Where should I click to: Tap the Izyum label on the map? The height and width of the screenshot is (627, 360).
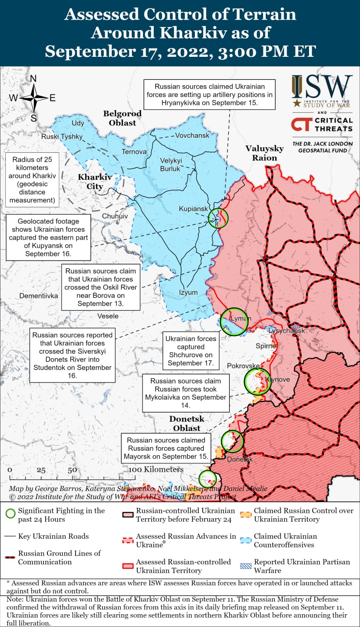coord(188,292)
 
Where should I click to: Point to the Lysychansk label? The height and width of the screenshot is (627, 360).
coord(287,331)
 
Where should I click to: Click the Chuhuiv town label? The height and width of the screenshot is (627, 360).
coord(115,216)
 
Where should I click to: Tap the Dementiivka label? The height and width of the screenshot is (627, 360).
coord(39,296)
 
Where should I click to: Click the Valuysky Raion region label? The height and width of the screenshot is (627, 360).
coord(264,153)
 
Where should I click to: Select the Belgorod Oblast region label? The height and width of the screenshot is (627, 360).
coord(122,118)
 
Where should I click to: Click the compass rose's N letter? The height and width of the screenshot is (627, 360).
coord(33,79)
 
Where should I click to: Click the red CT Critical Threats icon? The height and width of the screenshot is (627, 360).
coord(300,124)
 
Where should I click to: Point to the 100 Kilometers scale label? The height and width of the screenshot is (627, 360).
coord(156,469)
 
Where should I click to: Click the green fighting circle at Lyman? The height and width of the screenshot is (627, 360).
coord(233,321)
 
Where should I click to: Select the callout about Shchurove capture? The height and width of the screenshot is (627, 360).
coord(191,351)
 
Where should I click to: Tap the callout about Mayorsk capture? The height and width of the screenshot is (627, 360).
coord(166,448)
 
